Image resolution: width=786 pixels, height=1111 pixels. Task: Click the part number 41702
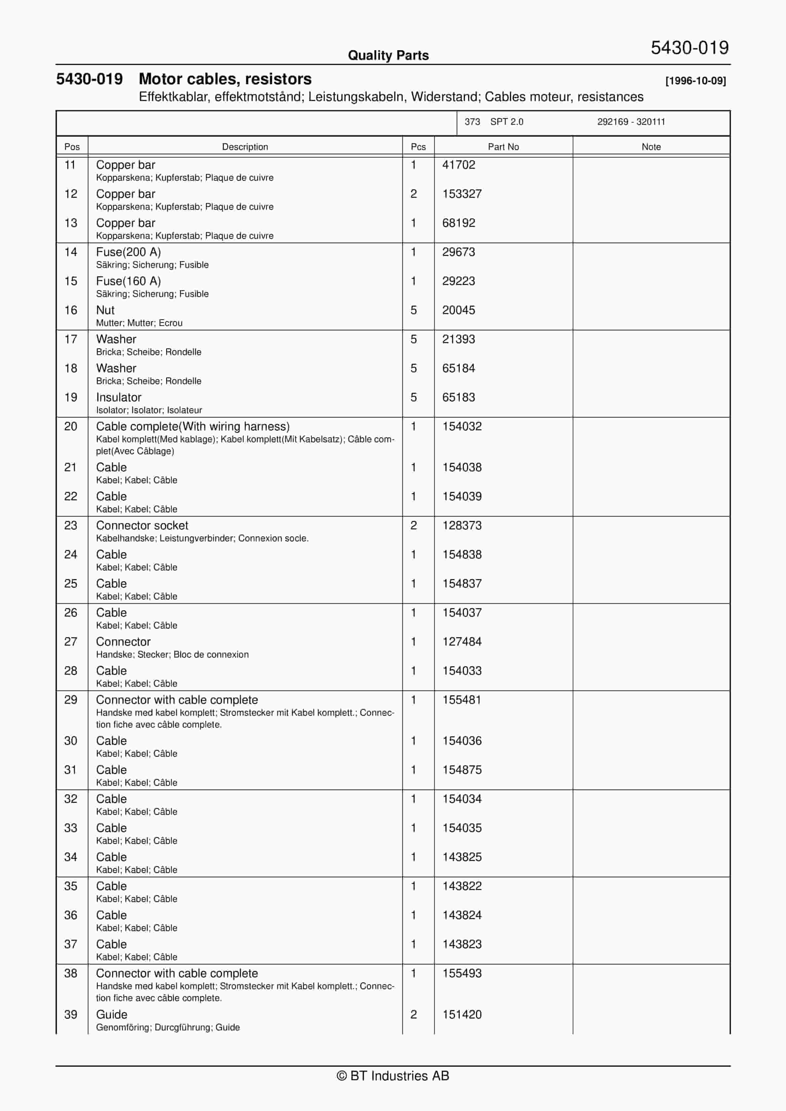(458, 165)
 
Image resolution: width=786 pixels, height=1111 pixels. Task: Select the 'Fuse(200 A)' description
(128, 252)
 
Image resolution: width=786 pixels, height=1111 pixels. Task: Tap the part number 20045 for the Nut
(458, 310)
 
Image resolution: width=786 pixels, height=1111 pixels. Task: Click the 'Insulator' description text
(119, 397)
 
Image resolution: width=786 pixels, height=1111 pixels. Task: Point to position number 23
(71, 525)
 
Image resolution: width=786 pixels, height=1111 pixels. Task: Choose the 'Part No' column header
(503, 147)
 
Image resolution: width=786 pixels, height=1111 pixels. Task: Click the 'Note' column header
(651, 147)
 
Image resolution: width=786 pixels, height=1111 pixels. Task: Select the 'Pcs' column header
(418, 147)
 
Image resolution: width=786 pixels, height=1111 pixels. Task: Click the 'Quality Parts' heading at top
(388, 55)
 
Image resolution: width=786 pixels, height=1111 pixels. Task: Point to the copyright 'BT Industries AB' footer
(393, 1076)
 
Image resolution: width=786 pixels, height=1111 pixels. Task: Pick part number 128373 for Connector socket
(462, 525)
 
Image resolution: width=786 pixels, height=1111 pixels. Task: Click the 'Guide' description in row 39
(112, 1015)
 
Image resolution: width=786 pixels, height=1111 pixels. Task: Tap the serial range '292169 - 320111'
(631, 122)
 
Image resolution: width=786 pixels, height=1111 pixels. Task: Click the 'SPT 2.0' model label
(506, 122)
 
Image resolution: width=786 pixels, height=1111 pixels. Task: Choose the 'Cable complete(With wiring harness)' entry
(193, 426)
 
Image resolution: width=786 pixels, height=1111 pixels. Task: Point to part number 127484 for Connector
(462, 642)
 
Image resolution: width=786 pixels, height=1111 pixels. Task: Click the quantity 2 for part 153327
(413, 194)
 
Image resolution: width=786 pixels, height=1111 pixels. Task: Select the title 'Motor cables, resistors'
(225, 79)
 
